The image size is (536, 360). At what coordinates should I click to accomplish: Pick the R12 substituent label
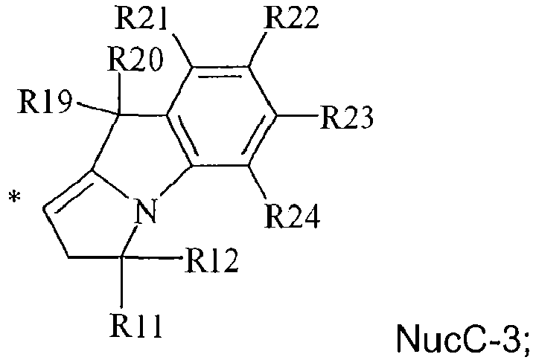pyautogui.click(x=212, y=261)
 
